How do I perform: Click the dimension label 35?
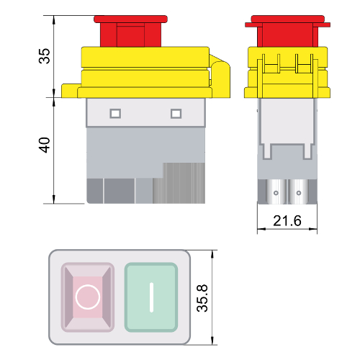[x=44, y=56]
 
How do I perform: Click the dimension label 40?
[x=44, y=145]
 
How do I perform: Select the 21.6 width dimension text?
[x=287, y=221]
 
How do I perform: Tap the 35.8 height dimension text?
[x=202, y=298]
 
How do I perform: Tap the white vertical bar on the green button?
[x=151, y=297]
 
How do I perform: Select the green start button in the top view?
[x=151, y=297]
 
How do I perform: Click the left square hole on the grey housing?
[x=115, y=114]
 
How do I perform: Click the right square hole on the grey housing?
[x=176, y=114]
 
